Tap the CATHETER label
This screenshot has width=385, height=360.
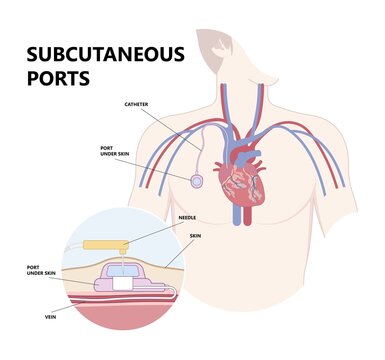click(137, 103)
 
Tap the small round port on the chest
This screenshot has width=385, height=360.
click(198, 181)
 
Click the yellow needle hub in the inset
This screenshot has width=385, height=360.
click(103, 244)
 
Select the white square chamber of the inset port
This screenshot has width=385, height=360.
click(121, 283)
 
